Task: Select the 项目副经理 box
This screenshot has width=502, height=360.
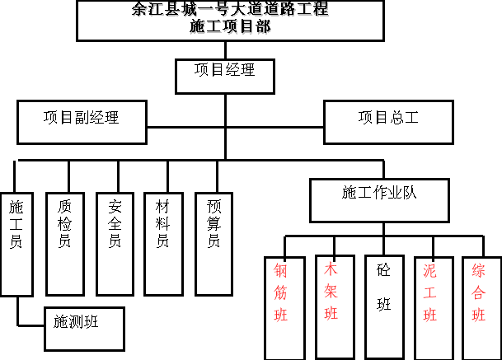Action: pyautogui.click(x=82, y=121)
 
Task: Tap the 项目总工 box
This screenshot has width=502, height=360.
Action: pyautogui.click(x=388, y=121)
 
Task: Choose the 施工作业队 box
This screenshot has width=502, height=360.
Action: pyautogui.click(x=379, y=199)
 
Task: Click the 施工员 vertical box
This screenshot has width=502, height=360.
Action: pyautogui.click(x=16, y=244)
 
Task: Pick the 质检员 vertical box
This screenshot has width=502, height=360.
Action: pyautogui.click(x=65, y=244)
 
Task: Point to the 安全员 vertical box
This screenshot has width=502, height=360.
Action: pyautogui.click(x=115, y=244)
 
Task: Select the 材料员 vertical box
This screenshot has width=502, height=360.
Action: pyautogui.click(x=163, y=244)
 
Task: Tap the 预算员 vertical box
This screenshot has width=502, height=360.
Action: pyautogui.click(x=213, y=244)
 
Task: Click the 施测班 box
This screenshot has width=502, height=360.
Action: pyautogui.click(x=84, y=328)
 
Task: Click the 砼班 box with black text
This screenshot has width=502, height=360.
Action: pyautogui.click(x=382, y=307)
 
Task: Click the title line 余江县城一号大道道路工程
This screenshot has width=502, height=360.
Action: pyautogui.click(x=230, y=11)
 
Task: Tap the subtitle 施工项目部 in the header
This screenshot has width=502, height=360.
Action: pyautogui.click(x=230, y=26)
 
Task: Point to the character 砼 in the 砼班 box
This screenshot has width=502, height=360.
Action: pyautogui.click(x=383, y=271)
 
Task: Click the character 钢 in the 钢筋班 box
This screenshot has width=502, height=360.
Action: pyautogui.click(x=281, y=271)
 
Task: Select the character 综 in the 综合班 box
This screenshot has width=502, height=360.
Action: pyautogui.click(x=479, y=271)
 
